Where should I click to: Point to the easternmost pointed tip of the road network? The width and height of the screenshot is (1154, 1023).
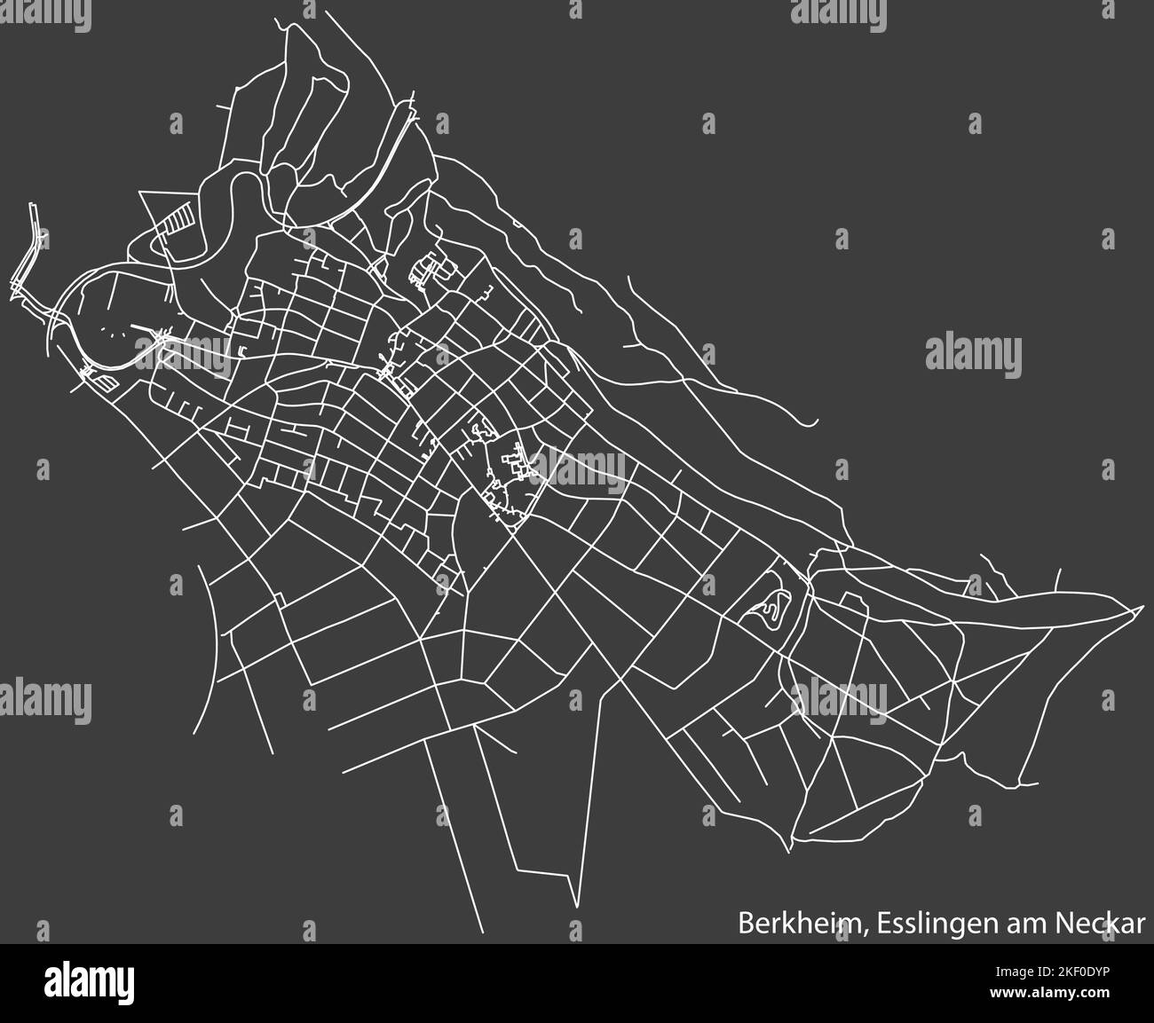click(1140, 609)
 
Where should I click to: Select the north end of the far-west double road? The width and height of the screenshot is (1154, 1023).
click(35, 206)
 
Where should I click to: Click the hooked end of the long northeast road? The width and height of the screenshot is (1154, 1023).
click(812, 425)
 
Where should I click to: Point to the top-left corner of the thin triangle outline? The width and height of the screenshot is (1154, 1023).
click(142, 192)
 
